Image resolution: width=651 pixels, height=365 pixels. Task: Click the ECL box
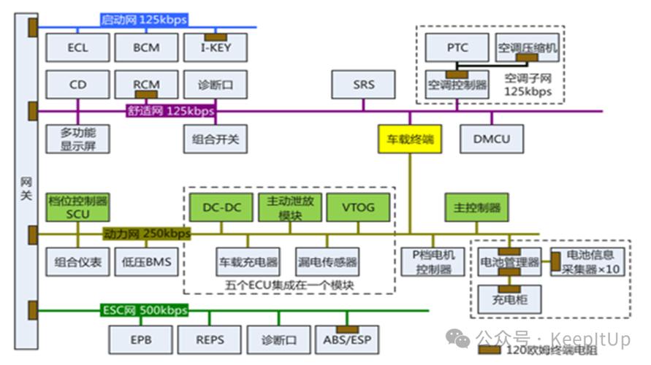pos(77,48)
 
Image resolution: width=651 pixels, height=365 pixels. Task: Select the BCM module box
pos(146,48)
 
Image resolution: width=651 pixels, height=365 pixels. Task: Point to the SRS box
pos(363,85)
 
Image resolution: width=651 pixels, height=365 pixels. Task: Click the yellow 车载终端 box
pos(410,139)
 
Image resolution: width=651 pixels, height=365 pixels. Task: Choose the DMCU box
pos(491,139)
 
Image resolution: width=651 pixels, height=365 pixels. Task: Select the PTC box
pos(457,48)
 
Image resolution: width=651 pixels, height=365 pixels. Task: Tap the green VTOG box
pos(358,207)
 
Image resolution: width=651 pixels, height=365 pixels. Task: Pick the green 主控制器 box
pos(476,207)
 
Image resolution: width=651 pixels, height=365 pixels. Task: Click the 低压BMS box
pos(146,261)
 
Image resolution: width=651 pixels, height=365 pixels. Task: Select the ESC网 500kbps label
pos(143,310)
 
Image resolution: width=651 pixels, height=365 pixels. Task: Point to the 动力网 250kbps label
pos(146,234)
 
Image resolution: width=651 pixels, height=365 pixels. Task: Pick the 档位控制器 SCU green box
pos(77,207)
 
